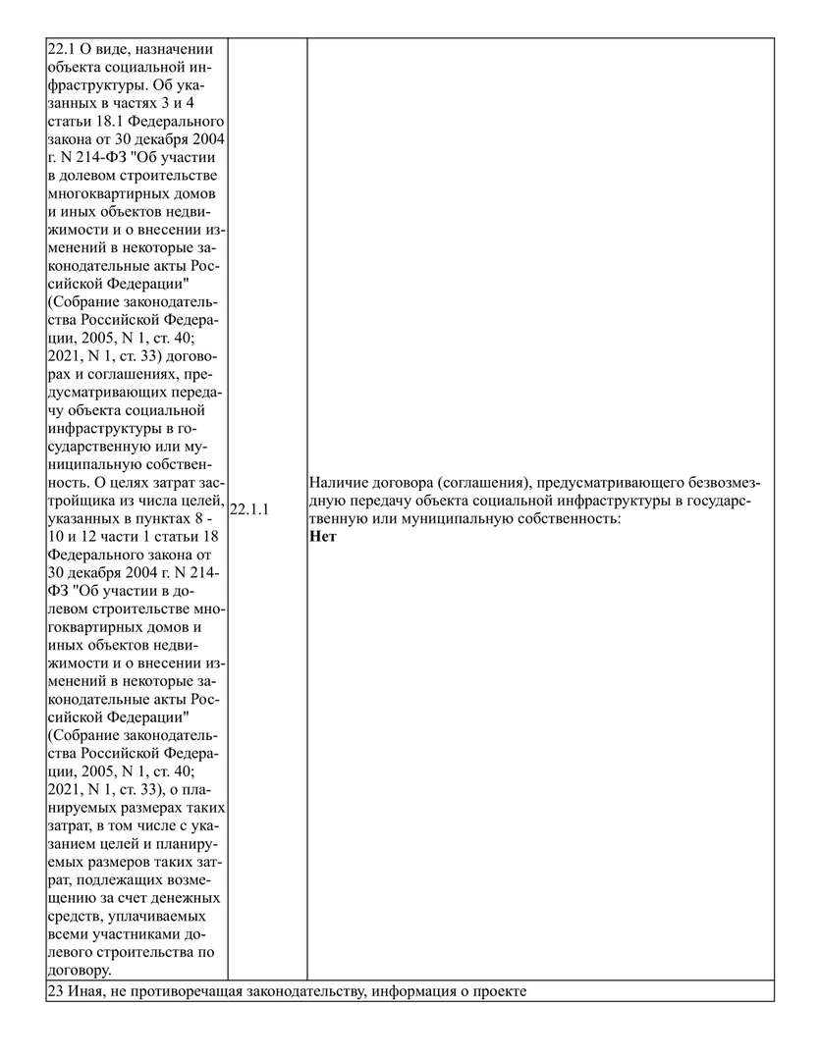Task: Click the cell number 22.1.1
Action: click(x=249, y=511)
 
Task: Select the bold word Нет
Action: click(x=322, y=536)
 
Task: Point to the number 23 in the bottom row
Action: click(x=55, y=991)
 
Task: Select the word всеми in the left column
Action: click(x=69, y=933)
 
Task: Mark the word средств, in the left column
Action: click(x=74, y=916)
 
